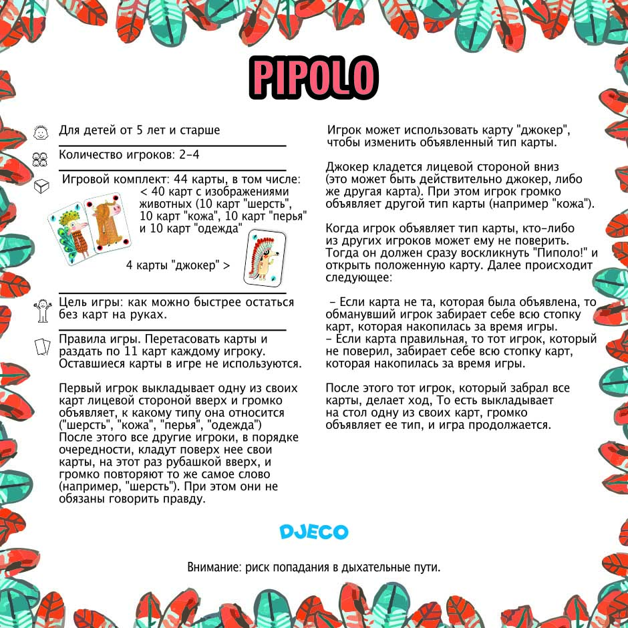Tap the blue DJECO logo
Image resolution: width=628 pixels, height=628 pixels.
pyautogui.click(x=314, y=532)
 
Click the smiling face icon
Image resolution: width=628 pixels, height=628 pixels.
pyautogui.click(x=41, y=132)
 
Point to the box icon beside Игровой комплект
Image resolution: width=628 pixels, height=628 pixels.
pyautogui.click(x=41, y=184)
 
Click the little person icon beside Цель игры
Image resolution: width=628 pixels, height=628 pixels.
pyautogui.click(x=41, y=309)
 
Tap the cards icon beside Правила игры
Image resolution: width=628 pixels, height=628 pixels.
pyautogui.click(x=42, y=347)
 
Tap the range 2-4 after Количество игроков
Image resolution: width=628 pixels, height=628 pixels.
pyautogui.click(x=188, y=155)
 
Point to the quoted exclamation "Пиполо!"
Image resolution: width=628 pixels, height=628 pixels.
pyautogui.click(x=561, y=253)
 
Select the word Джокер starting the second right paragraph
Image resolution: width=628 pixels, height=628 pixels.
pyautogui.click(x=347, y=167)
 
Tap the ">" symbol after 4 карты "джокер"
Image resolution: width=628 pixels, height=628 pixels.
pyautogui.click(x=226, y=265)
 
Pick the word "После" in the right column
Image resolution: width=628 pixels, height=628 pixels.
pyautogui.click(x=343, y=388)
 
